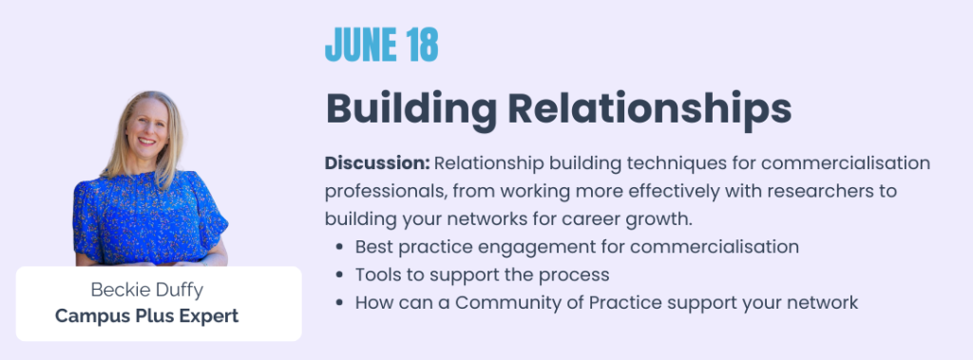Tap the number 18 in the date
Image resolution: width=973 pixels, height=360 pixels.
(423, 45)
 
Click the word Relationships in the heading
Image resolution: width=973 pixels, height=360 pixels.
(650, 110)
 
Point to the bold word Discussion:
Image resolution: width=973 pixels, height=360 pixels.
(377, 163)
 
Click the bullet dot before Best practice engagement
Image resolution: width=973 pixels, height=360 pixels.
(339, 247)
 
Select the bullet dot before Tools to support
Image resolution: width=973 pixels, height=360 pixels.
(339, 275)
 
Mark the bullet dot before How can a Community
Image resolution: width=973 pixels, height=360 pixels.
(339, 303)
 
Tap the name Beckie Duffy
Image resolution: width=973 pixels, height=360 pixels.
(146, 290)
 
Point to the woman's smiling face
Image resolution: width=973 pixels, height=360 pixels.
(146, 127)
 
